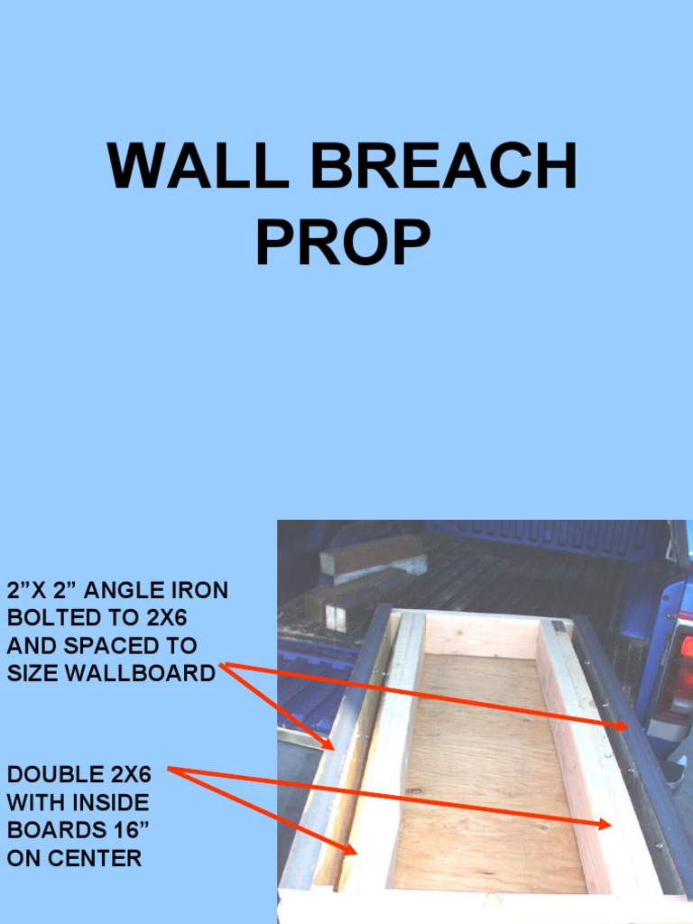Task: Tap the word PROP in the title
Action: tap(343, 243)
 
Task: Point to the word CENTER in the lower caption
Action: tap(97, 857)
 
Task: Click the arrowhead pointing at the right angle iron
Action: tap(624, 725)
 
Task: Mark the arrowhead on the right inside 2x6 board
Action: tap(605, 824)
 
